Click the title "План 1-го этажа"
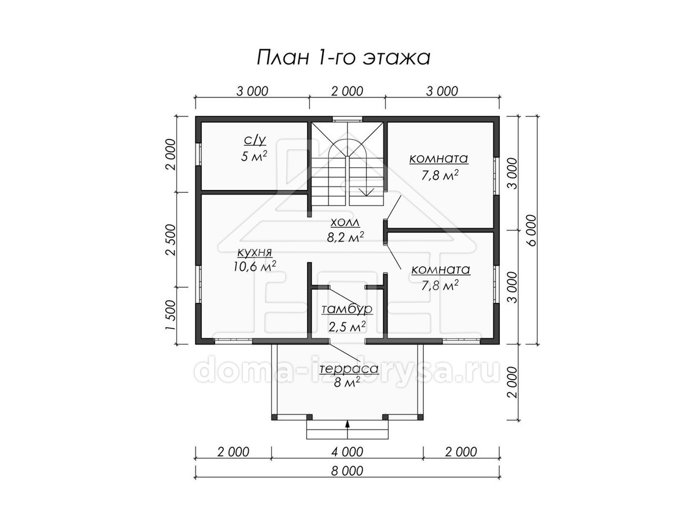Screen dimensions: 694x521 click(343, 57)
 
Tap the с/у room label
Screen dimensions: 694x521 click(255, 140)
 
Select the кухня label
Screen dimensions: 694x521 click(254, 253)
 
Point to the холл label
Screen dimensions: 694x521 click(345, 223)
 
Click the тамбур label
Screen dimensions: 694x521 click(347, 310)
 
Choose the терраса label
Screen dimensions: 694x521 click(349, 369)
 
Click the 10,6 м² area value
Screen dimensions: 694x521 click(255, 266)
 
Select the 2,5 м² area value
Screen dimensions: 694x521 click(347, 326)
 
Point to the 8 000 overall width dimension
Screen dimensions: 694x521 click(347, 471)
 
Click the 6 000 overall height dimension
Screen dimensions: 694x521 click(532, 230)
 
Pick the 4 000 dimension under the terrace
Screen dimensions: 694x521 click(347, 452)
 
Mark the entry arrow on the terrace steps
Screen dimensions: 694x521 click(348, 430)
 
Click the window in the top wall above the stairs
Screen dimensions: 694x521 click(348, 119)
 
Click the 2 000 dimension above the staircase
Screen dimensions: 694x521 click(347, 91)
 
